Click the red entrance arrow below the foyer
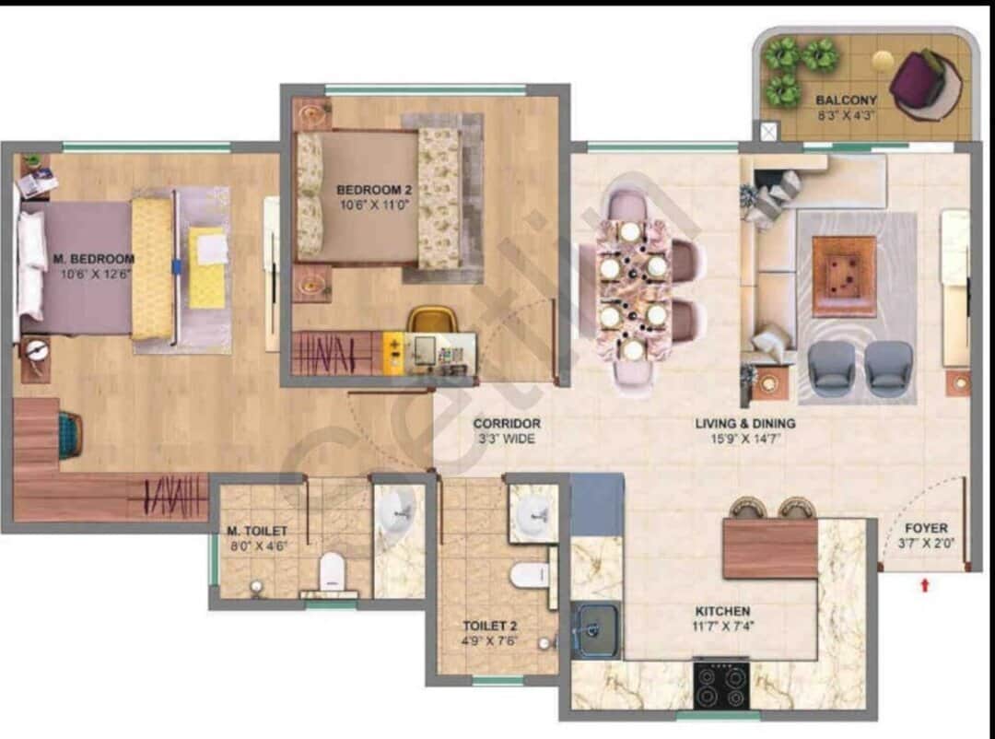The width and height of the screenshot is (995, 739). pyautogui.click(x=925, y=584)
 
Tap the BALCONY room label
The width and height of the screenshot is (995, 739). pyautogui.click(x=846, y=100)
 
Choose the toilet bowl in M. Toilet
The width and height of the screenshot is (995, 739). pyautogui.click(x=332, y=571)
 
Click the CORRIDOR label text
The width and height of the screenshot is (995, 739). pyautogui.click(x=506, y=424)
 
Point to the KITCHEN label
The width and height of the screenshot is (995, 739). pyautogui.click(x=722, y=611)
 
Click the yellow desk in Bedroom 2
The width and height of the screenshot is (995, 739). pyautogui.click(x=393, y=354)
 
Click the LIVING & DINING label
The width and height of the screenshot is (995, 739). pyautogui.click(x=744, y=424)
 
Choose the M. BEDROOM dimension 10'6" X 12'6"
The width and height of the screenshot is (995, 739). pyautogui.click(x=97, y=274)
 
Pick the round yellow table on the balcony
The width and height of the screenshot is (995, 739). pyautogui.click(x=883, y=60)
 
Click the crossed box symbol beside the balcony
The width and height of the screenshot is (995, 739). pyautogui.click(x=768, y=131)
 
